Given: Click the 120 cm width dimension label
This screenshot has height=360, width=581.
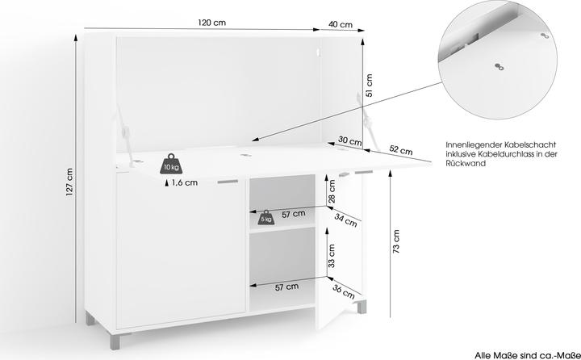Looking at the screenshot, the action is pyautogui.click(x=211, y=23).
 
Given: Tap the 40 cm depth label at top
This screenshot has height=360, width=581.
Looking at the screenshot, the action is pyautogui.click(x=341, y=25).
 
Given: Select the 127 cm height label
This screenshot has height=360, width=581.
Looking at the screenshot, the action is pyautogui.click(x=69, y=182).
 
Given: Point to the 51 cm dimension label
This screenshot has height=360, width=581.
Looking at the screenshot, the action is pyautogui.click(x=369, y=86).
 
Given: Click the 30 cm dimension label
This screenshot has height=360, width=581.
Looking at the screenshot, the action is pyautogui.click(x=349, y=141).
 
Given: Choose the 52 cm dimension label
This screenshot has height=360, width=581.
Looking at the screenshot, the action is pyautogui.click(x=401, y=149).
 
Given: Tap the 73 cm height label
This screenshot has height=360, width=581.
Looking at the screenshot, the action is pyautogui.click(x=396, y=241).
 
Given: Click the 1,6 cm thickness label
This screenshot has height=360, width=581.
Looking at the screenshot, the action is pyautogui.click(x=185, y=182).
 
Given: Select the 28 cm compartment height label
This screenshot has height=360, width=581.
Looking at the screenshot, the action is pyautogui.click(x=332, y=191).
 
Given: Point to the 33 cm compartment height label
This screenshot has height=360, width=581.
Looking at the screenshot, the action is pyautogui.click(x=332, y=256).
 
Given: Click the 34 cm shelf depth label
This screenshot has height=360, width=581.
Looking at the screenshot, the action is pyautogui.click(x=345, y=220).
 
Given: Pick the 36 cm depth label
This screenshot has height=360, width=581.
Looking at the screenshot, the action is pyautogui.click(x=344, y=291).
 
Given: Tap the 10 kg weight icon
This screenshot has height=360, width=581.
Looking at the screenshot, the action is pyautogui.click(x=171, y=164).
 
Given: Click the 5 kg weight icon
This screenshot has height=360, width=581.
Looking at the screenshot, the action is pyautogui.click(x=266, y=218).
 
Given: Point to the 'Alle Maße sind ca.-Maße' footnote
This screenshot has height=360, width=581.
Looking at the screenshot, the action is pyautogui.click(x=527, y=355).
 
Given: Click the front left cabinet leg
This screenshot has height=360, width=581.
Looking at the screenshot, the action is pyautogui.click(x=115, y=341).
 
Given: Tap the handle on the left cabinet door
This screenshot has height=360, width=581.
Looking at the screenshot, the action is pyautogui.click(x=228, y=182).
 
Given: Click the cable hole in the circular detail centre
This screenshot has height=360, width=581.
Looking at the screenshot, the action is pyautogui.click(x=499, y=67).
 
